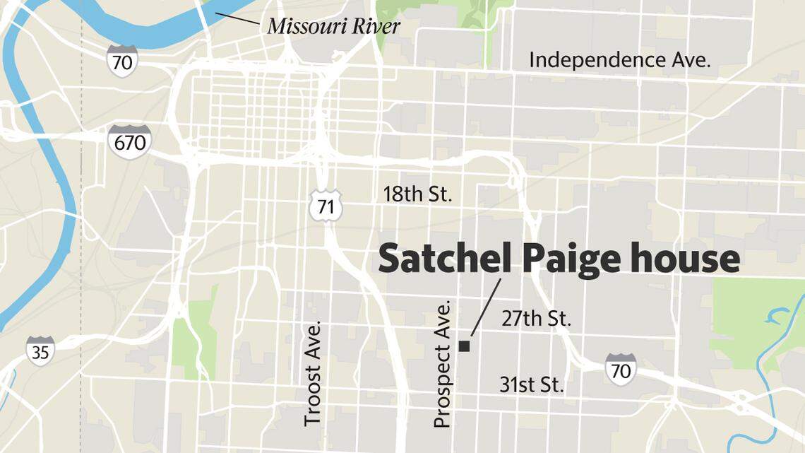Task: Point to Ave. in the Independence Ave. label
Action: [690, 60]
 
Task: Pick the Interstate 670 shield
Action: [130, 142]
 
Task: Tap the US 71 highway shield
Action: [326, 206]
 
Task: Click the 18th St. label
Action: [417, 194]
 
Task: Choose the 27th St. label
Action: [536, 319]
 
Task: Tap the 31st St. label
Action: [532, 385]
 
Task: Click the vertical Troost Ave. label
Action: [313, 373]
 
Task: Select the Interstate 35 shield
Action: [40, 351]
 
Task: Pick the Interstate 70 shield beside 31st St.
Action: [620, 369]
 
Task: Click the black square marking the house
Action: [465, 346]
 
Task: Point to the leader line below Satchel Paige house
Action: [486, 307]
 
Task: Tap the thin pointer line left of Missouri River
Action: [237, 19]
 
